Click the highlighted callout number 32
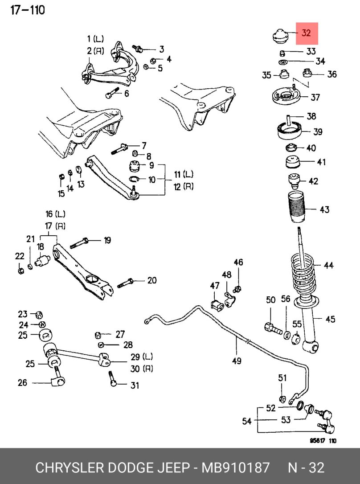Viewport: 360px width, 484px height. (x=307, y=33)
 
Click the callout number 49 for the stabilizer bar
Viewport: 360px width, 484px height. (x=237, y=361)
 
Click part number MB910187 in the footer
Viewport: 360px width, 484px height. (x=236, y=468)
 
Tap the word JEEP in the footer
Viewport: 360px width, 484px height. (x=174, y=468)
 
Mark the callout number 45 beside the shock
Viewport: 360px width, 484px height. (x=330, y=319)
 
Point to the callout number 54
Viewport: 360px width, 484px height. (x=246, y=421)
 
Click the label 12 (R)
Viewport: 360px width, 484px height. (x=184, y=187)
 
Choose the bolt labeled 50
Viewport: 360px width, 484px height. (x=272, y=328)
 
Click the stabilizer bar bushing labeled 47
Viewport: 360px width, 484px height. (x=215, y=304)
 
